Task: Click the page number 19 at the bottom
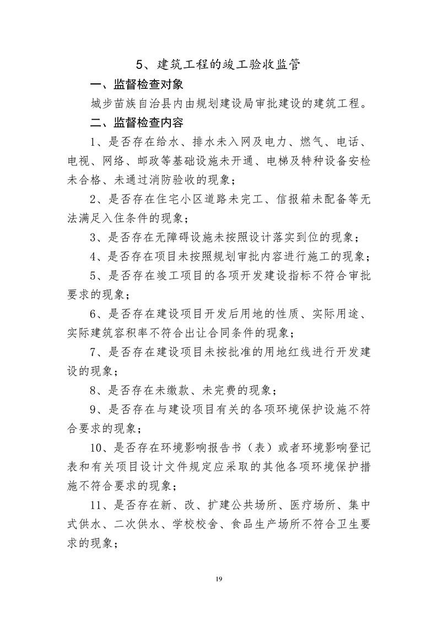(219, 579)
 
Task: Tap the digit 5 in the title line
(140, 64)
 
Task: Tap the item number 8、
(98, 390)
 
